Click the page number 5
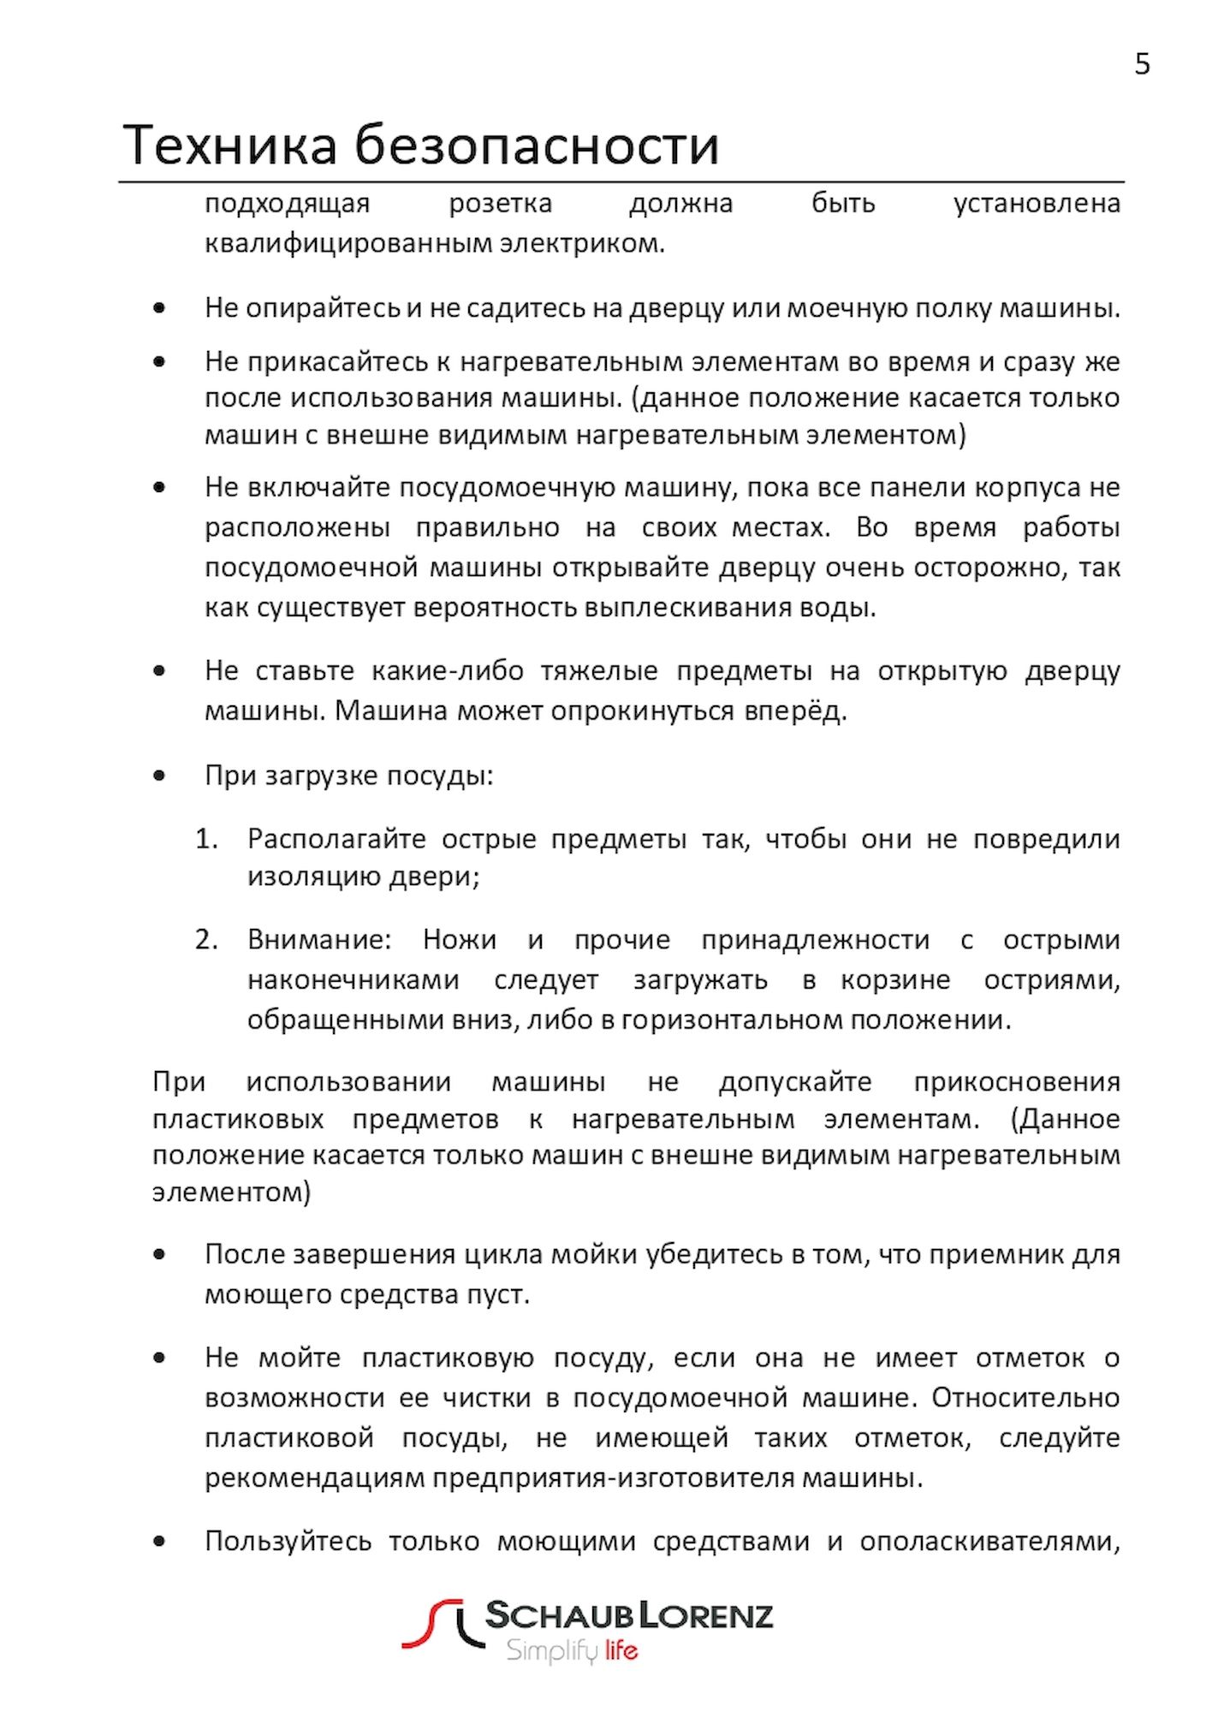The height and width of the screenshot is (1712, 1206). [x=1142, y=64]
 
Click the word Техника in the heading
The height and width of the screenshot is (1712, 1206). [x=230, y=145]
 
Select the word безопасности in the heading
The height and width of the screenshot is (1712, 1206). [x=537, y=145]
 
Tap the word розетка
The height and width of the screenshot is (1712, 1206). [x=500, y=204]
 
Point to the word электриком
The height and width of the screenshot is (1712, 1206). [x=582, y=244]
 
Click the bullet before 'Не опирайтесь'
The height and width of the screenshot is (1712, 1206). [x=159, y=308]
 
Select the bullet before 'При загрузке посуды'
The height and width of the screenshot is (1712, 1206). [x=159, y=776]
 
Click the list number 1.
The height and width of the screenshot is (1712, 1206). [x=206, y=839]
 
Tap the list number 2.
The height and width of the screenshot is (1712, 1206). [x=206, y=940]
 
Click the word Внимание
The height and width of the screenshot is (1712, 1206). [x=319, y=940]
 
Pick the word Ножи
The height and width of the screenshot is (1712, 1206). [x=460, y=940]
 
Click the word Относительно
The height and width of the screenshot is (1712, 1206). [x=1025, y=1398]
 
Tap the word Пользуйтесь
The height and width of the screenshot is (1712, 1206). [x=288, y=1542]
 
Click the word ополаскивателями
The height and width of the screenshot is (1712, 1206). [x=989, y=1542]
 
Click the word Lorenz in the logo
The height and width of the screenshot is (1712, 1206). [x=707, y=1615]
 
